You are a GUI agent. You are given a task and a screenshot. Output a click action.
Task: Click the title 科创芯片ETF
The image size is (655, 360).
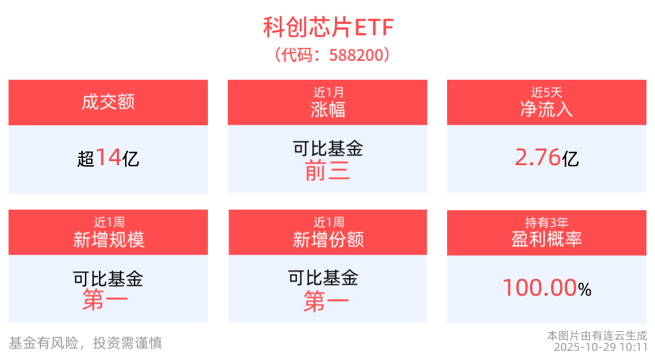[327, 27]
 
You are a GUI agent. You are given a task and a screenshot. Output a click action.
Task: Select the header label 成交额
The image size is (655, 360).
[108, 103]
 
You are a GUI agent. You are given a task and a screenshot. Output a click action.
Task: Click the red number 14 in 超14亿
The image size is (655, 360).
[108, 157]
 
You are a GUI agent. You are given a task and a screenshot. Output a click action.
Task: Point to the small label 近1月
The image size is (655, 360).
[328, 92]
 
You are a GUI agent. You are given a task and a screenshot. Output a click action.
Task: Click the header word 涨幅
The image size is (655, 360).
[328, 109]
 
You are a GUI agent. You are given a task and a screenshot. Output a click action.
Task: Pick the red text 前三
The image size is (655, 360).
[327, 171]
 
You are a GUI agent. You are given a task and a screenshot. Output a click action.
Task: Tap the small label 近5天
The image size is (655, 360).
[547, 92]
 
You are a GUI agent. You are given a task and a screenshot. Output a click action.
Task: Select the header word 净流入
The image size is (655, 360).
[547, 109]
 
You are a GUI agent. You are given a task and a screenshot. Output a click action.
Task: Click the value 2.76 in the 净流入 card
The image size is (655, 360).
[538, 157]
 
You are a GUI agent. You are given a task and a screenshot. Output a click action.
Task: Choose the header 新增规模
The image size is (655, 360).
[108, 240]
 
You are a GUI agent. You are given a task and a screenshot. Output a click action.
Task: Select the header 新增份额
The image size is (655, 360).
[328, 240]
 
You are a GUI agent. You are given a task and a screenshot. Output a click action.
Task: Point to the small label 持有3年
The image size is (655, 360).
[547, 222]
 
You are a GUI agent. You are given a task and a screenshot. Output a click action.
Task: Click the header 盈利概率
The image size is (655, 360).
[547, 240]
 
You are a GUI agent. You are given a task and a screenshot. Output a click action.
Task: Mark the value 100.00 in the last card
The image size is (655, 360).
[539, 288]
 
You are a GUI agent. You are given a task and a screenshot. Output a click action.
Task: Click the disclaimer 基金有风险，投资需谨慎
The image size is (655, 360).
[85, 343]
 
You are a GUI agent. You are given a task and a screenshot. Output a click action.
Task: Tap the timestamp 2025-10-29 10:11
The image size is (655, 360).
[601, 347]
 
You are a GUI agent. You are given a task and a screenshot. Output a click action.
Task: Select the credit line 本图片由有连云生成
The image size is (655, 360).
[597, 336]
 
